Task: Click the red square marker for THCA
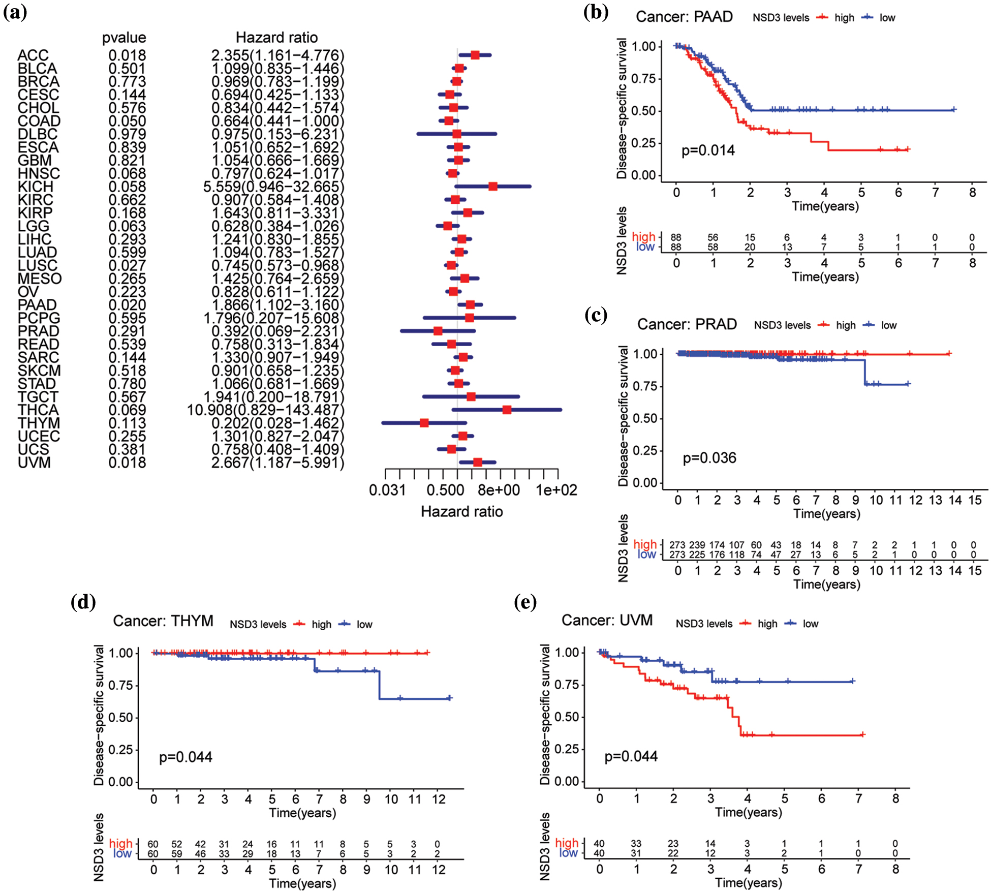[507, 410]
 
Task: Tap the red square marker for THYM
[424, 423]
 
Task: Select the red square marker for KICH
[493, 187]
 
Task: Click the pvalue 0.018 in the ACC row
[127, 55]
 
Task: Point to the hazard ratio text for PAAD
[277, 305]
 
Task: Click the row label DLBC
[38, 134]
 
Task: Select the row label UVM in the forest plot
[34, 463]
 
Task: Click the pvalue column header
[124, 38]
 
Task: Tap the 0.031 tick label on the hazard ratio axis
[387, 490]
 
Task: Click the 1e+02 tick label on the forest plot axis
[556, 490]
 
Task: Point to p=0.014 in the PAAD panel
[708, 150]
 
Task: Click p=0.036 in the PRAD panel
[709, 458]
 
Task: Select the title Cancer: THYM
[163, 621]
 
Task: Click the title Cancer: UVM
[607, 620]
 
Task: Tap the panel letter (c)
[596, 316]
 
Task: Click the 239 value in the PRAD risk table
[697, 545]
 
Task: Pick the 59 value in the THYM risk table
[176, 854]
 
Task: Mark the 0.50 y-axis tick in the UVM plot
[567, 717]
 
